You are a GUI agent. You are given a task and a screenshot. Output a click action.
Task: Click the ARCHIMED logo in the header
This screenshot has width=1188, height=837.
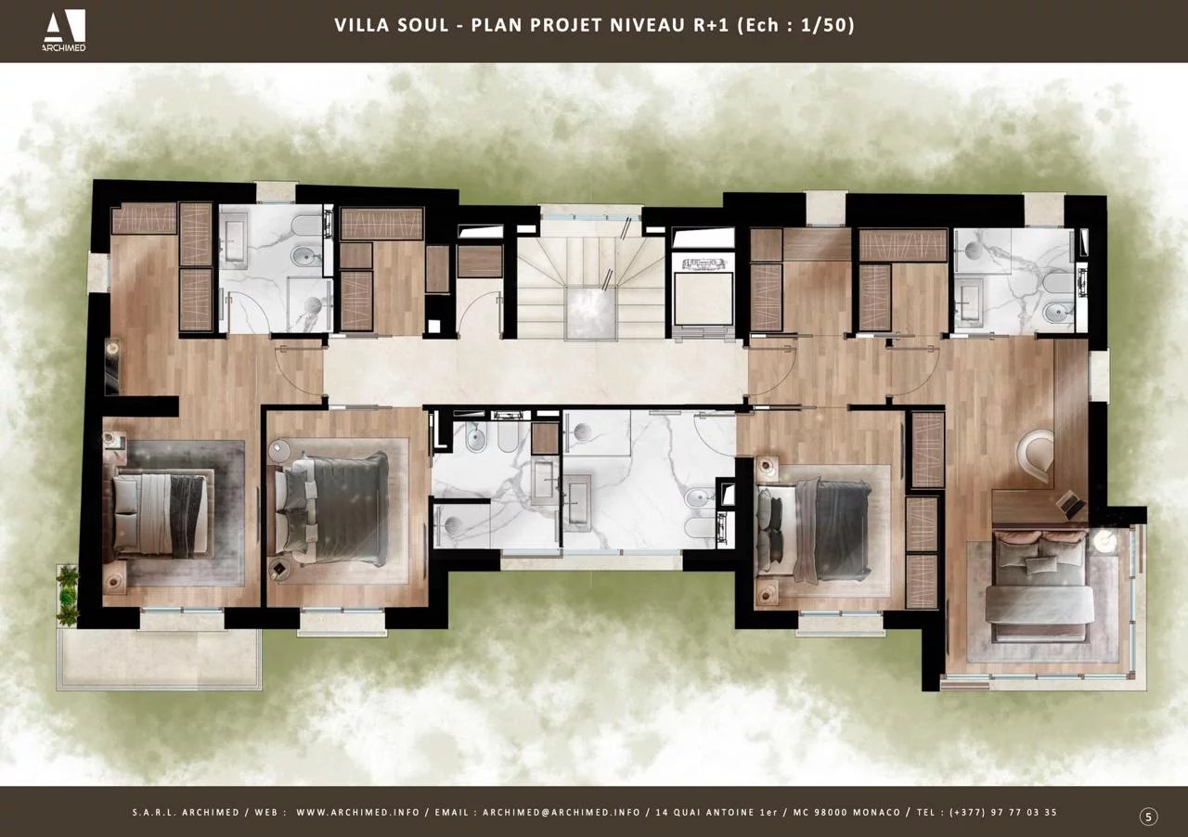tap(64, 30)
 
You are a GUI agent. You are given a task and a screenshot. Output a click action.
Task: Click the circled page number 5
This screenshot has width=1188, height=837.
tap(1149, 817)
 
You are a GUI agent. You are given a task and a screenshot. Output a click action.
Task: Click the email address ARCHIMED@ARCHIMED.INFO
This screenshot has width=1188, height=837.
tap(562, 813)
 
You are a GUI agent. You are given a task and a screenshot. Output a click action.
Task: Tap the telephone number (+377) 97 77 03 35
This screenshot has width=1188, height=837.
tap(1003, 813)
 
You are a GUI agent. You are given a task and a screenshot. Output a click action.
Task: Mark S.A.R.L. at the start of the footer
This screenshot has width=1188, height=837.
tap(151, 813)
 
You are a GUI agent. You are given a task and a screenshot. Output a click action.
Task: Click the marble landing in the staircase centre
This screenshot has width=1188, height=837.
tap(589, 311)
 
